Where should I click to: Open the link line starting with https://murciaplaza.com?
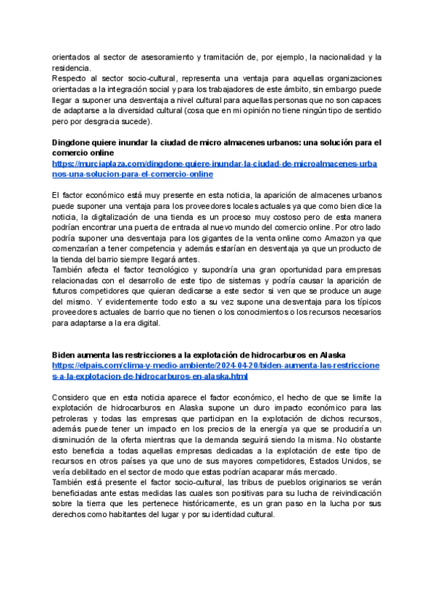point(215,164)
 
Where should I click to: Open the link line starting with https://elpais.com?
point(215,366)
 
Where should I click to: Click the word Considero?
point(72,398)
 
